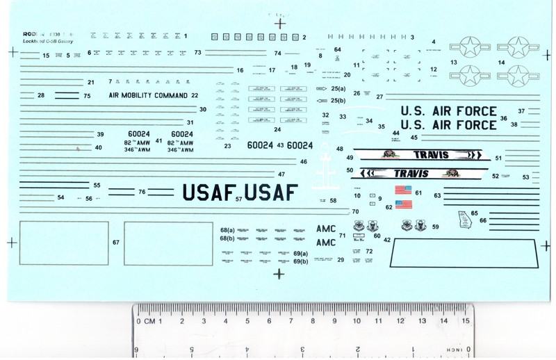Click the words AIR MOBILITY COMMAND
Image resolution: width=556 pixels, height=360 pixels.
coord(148,95)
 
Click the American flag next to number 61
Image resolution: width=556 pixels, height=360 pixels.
coord(404,189)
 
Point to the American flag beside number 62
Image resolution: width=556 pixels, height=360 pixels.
coord(404,204)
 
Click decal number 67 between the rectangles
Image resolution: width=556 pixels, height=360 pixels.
coord(116,243)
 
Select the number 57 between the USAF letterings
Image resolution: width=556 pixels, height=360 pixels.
coord(238,199)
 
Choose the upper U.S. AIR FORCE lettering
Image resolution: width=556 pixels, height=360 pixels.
coord(449,111)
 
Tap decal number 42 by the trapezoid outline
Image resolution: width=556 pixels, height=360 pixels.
coord(387,239)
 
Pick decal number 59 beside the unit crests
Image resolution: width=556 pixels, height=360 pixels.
coord(435,227)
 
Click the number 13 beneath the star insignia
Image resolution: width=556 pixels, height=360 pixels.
coord(453,63)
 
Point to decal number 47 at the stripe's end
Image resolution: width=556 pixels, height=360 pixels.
coord(281,174)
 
